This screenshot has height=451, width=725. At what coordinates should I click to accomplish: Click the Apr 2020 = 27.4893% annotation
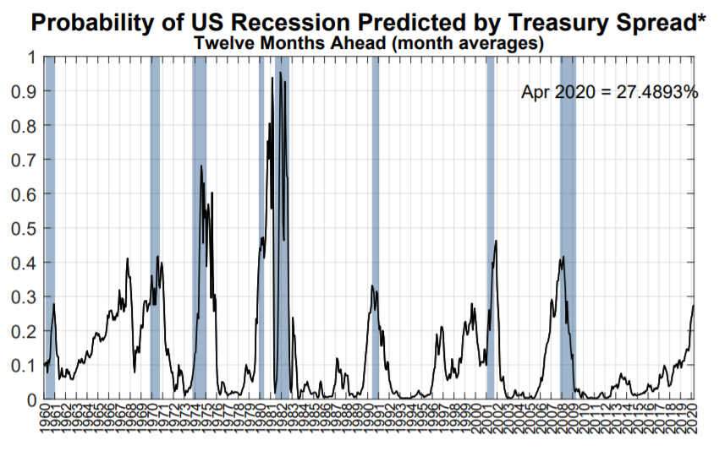(x=609, y=92)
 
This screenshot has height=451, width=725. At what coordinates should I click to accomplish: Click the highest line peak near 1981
(x=280, y=73)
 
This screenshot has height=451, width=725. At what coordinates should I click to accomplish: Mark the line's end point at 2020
(x=694, y=305)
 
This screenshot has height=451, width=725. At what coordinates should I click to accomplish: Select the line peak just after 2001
(x=496, y=242)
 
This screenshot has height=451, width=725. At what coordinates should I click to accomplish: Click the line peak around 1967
(x=127, y=258)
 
